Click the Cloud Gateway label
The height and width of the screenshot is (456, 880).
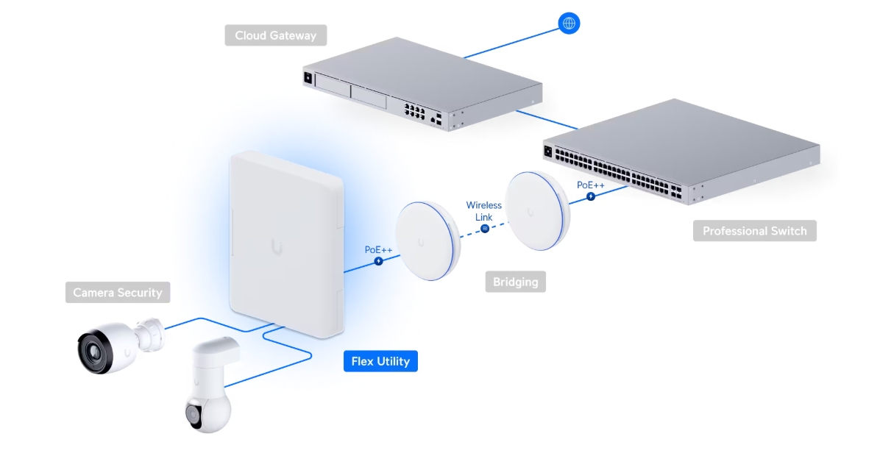275,35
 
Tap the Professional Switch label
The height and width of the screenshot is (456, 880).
754,231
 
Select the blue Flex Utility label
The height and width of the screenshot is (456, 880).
380,361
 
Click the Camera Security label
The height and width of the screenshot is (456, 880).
117,293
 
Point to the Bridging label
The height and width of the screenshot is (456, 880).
515,282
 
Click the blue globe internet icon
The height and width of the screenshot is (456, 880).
568,23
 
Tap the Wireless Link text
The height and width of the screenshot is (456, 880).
483,211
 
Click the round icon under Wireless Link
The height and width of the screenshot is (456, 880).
485,229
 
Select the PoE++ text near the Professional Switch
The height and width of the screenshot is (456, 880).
590,185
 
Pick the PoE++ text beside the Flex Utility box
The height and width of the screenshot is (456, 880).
379,250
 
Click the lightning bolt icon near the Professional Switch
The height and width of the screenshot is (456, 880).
590,196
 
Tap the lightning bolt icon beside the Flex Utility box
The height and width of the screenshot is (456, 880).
379,261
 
